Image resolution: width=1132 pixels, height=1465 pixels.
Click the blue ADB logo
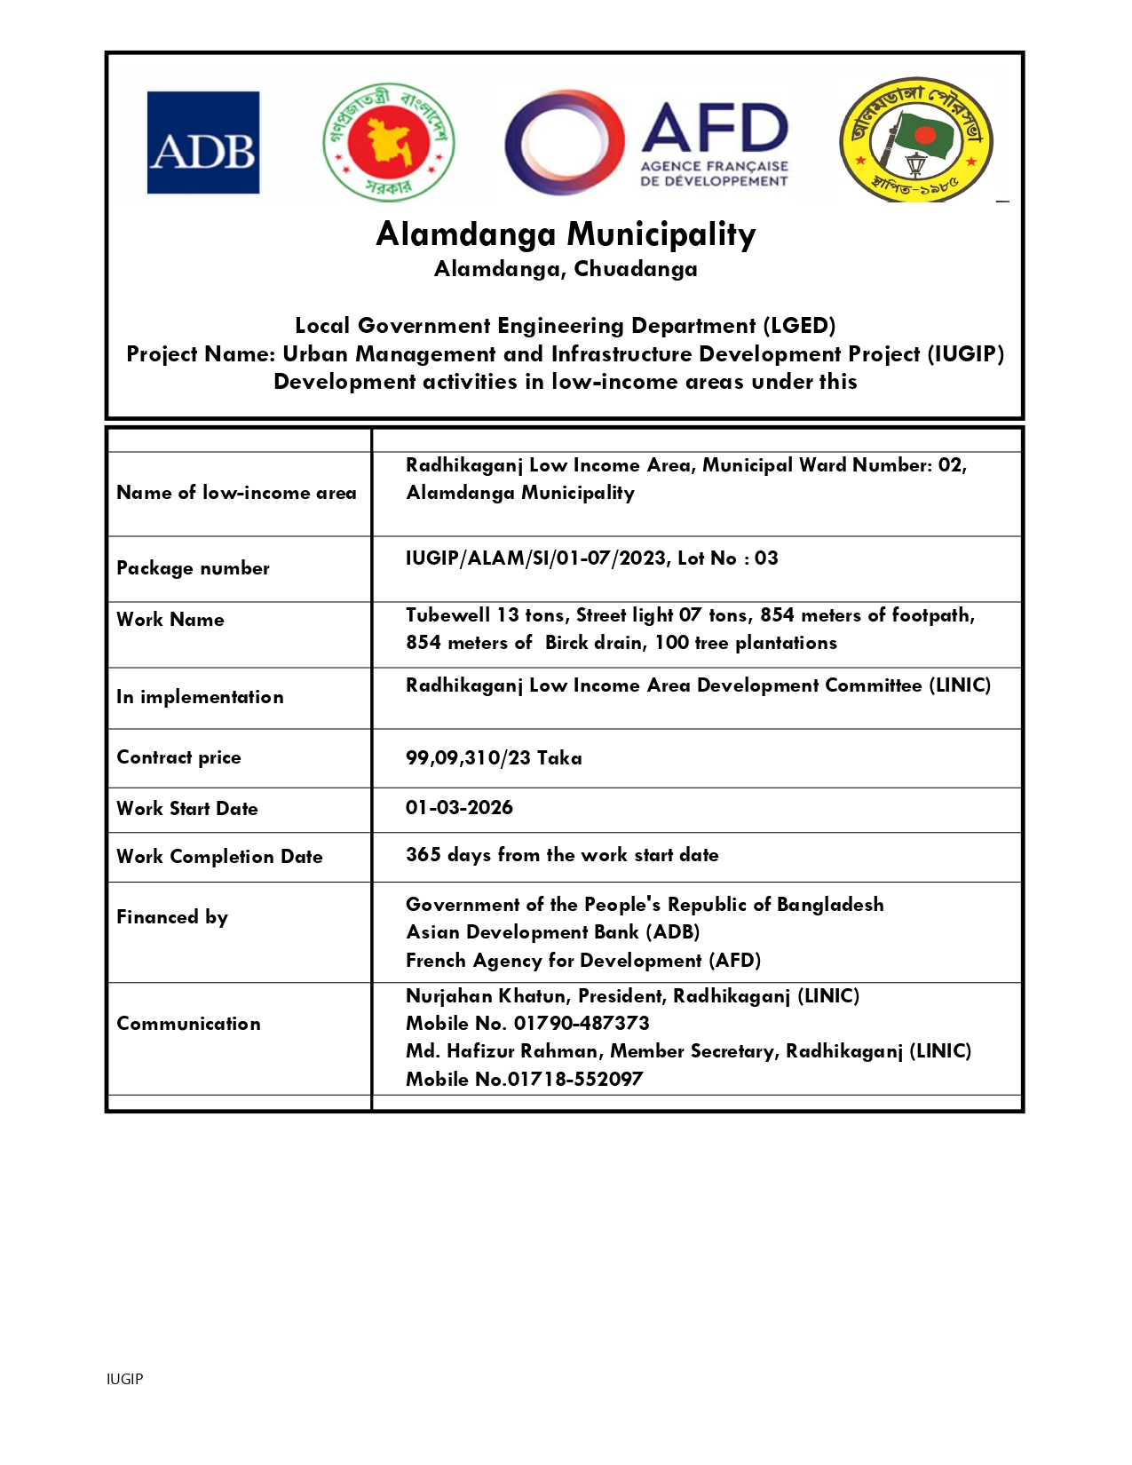pyautogui.click(x=203, y=143)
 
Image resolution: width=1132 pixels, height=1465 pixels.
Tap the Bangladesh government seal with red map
pyautogui.click(x=389, y=142)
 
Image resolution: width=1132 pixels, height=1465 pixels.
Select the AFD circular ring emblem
pyautogui.click(x=564, y=143)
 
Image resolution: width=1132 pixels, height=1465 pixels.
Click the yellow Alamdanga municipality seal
pyautogui.click(x=916, y=140)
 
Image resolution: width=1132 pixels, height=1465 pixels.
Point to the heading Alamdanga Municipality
pyautogui.click(x=566, y=234)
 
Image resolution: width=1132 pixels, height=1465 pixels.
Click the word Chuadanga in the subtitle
pyautogui.click(x=636, y=269)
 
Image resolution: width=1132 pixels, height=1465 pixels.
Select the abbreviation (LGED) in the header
pyautogui.click(x=803, y=326)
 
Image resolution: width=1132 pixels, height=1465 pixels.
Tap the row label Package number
pyautogui.click(x=193, y=568)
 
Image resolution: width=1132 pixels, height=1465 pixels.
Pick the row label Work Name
pyautogui.click(x=170, y=620)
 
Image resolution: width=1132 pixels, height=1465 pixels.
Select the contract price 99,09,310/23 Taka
pyautogui.click(x=494, y=757)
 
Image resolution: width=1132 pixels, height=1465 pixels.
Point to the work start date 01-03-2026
pyautogui.click(x=459, y=807)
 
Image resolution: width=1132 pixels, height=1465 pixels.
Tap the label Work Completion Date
pyautogui.click(x=219, y=857)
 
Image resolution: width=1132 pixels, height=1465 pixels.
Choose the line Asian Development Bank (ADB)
pyautogui.click(x=552, y=932)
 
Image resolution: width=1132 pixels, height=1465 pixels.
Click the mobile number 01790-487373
pyautogui.click(x=582, y=1023)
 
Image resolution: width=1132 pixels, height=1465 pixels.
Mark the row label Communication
pyautogui.click(x=188, y=1024)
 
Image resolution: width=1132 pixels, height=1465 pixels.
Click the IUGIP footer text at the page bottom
pyautogui.click(x=124, y=1379)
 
